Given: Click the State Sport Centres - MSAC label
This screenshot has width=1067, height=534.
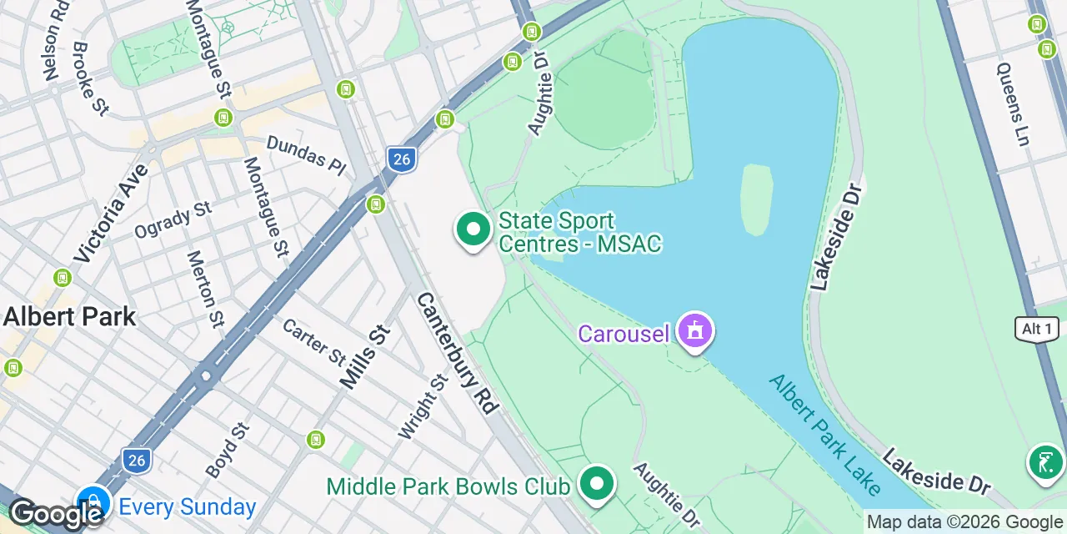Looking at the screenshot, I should (579, 232).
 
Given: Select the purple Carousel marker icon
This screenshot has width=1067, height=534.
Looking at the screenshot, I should (695, 331).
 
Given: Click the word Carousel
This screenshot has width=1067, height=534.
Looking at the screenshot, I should (624, 335).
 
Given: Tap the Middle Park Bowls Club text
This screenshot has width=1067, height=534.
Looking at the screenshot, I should (448, 486).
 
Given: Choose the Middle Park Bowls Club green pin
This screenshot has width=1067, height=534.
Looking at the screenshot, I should (596, 484).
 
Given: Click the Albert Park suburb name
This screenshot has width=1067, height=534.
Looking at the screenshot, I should (69, 317).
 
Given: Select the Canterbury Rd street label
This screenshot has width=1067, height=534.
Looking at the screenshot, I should (457, 352).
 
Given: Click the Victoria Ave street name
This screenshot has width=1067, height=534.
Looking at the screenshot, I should (111, 213).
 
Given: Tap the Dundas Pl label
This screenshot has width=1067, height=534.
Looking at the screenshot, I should (306, 156).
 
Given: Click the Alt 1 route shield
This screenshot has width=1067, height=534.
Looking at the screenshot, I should (1037, 329).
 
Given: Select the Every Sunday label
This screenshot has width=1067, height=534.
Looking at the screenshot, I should (188, 507).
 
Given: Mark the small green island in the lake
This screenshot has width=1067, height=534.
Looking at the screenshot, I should (756, 199).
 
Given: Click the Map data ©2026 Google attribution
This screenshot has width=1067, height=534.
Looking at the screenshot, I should (964, 522).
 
